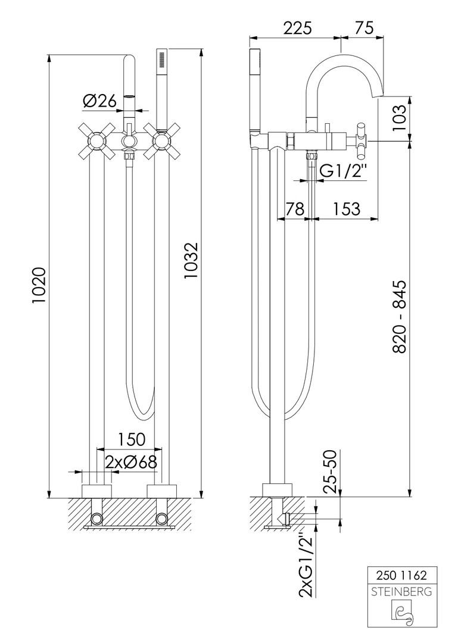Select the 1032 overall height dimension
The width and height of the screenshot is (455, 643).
coord(191,261)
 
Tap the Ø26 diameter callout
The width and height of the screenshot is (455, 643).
coord(99,101)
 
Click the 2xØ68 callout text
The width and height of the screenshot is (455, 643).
coord(131,463)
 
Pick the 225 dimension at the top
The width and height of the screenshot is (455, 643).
coord(297,28)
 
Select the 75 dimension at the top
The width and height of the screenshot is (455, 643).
coord(363,28)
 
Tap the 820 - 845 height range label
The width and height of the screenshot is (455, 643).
coord(399,317)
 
